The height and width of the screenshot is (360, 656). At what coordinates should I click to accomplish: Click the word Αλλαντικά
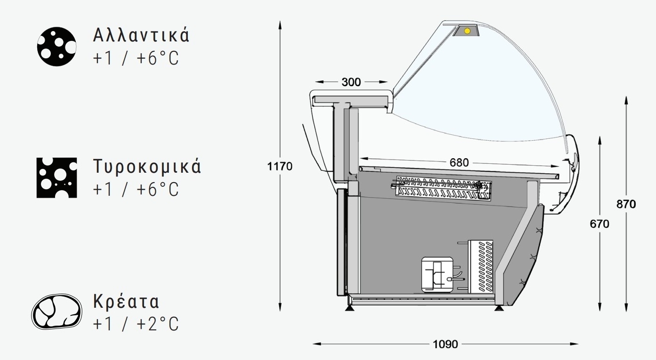tap(141, 35)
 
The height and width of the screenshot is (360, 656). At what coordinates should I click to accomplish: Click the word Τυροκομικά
tap(147, 167)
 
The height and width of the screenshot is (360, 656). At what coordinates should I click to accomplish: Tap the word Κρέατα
tap(126, 301)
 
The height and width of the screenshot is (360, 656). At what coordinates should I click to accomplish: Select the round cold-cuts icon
tap(57, 47)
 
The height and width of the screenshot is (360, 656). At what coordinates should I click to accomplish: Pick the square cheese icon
tap(57, 178)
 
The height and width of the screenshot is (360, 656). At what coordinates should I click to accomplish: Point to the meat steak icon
tap(56, 312)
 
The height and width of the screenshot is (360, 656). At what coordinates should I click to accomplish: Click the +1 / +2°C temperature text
tap(136, 324)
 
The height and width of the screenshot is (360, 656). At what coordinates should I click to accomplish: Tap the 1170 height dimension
tap(280, 167)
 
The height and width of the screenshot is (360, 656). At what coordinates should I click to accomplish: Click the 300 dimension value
tap(351, 82)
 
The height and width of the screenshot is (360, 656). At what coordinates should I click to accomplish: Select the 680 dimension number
tap(459, 162)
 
